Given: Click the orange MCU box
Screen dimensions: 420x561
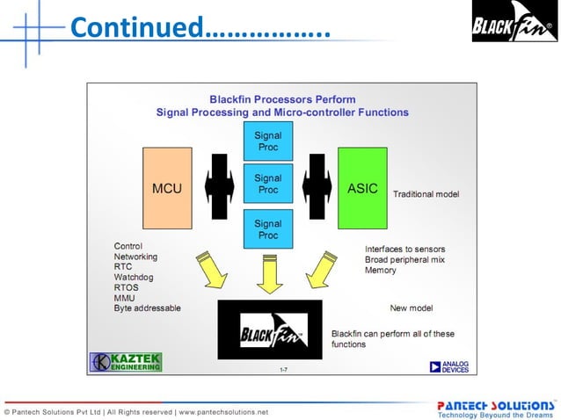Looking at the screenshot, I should (x=167, y=188).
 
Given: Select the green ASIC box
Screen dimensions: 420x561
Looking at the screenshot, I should (x=362, y=188).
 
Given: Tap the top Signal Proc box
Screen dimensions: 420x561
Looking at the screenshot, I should (x=267, y=141).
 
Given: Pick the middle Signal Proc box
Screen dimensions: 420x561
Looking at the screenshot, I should (x=267, y=184).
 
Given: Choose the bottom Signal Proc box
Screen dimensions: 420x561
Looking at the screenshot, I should (x=267, y=229).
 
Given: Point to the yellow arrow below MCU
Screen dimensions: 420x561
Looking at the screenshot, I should (x=212, y=269).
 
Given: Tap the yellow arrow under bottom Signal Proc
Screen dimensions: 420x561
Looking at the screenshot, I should (x=267, y=273).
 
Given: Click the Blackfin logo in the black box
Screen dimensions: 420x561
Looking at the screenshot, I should (x=270, y=329).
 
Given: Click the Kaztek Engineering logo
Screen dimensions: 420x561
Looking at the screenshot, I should (x=126, y=361).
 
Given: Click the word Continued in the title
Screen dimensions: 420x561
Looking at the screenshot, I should (x=135, y=27).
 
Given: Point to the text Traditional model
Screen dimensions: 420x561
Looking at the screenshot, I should (x=426, y=193).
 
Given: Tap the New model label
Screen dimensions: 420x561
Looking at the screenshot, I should (x=412, y=308).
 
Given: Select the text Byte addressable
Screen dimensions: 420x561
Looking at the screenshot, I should (x=147, y=308).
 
